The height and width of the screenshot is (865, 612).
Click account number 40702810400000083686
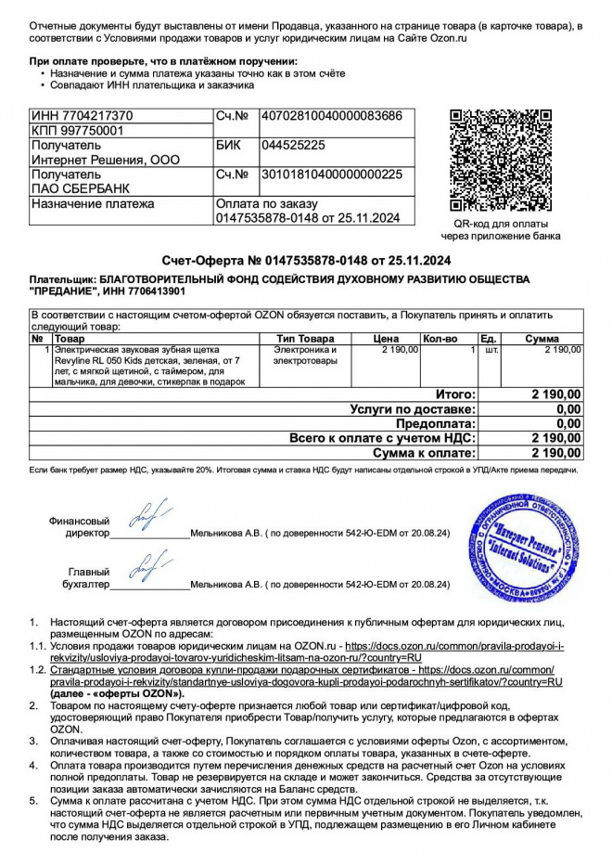332,116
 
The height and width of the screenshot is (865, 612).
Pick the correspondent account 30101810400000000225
332,174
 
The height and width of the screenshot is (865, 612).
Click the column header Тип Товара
305,339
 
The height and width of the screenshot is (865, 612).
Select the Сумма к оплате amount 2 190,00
556,453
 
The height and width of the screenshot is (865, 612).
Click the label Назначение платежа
93,204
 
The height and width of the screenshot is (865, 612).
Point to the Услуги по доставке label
413,408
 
